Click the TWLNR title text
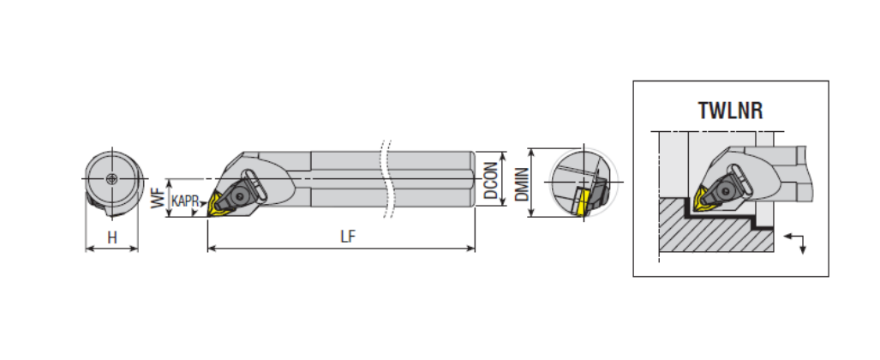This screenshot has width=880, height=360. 730,111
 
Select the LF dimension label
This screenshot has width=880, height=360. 348,236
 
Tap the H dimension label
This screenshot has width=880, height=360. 112,237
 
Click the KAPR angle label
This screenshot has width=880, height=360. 185,201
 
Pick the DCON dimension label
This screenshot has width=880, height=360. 490,180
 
